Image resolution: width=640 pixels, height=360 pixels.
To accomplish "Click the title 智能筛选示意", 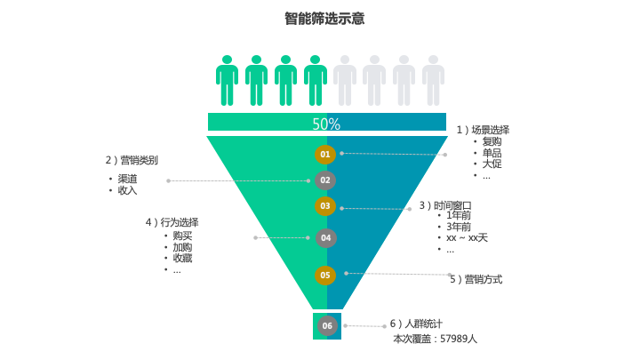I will pyautogui.click(x=324, y=19).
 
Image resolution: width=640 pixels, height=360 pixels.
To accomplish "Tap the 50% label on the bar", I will pyautogui.click(x=326, y=124).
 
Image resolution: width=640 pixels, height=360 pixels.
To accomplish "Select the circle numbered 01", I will pyautogui.click(x=325, y=155).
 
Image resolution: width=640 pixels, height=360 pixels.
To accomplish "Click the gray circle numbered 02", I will pyautogui.click(x=325, y=180).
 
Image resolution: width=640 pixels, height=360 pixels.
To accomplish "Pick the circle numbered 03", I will pyautogui.click(x=325, y=206).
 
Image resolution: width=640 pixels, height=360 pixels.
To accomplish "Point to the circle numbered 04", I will pyautogui.click(x=325, y=237).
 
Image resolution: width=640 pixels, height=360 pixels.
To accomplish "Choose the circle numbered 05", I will pyautogui.click(x=325, y=276).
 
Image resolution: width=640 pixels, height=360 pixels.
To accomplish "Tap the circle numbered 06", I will pyautogui.click(x=327, y=325).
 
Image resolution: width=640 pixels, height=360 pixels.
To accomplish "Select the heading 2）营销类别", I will pyautogui.click(x=132, y=160).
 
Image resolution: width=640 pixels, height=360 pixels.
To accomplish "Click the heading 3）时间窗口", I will pyautogui.click(x=445, y=205).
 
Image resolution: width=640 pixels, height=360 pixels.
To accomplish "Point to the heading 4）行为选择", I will pyautogui.click(x=172, y=222).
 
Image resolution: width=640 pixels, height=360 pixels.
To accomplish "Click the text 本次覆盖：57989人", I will pyautogui.click(x=435, y=339).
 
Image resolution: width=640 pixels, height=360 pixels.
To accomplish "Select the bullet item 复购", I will pyautogui.click(x=492, y=141).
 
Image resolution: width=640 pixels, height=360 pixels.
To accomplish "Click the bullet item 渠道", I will pyautogui.click(x=127, y=179).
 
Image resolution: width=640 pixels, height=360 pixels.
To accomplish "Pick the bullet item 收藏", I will pyautogui.click(x=182, y=259).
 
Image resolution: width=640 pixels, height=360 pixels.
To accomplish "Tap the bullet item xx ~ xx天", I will pyautogui.click(x=467, y=237).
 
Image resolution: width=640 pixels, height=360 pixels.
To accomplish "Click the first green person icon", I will pyautogui.click(x=227, y=81).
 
